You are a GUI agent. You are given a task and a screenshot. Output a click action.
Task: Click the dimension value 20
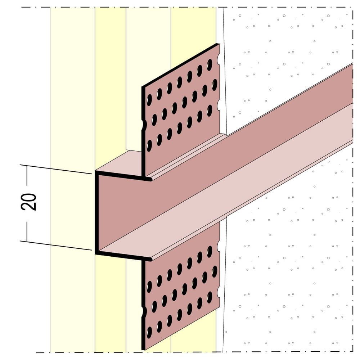tap(28, 202)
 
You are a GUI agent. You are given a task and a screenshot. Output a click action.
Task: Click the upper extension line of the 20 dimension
tap(56, 169)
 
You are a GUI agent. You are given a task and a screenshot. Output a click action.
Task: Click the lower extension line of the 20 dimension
tap(56, 246)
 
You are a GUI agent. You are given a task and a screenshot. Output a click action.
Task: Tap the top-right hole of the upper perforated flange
tap(210, 65)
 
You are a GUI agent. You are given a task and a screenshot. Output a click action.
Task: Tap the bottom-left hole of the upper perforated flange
tap(149, 145)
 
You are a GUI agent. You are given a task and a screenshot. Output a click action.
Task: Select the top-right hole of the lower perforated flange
tap(210, 251)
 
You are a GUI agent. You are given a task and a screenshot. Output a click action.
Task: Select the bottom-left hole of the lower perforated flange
tap(149, 332)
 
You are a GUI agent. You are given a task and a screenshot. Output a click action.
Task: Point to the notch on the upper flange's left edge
tap(144, 125)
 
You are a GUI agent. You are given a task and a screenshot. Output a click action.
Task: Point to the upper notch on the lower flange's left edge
tap(144, 311)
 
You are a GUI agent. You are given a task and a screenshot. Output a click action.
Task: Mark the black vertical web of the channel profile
tap(97, 212)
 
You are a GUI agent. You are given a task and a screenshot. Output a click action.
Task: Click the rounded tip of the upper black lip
tap(150, 179)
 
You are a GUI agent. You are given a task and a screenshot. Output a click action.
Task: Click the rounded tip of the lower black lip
tap(150, 260)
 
